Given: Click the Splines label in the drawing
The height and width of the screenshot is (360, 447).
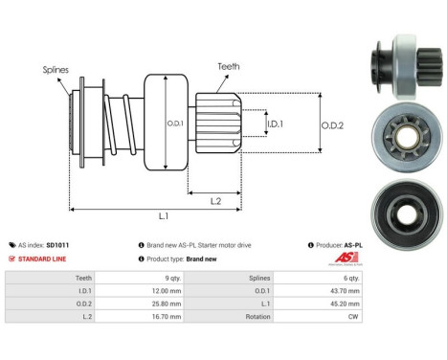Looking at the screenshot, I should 55,69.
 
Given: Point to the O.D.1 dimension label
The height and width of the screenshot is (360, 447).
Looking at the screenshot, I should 174,123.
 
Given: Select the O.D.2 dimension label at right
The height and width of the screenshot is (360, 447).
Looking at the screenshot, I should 333,122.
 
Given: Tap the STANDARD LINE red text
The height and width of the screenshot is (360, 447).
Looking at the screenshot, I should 43,259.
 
